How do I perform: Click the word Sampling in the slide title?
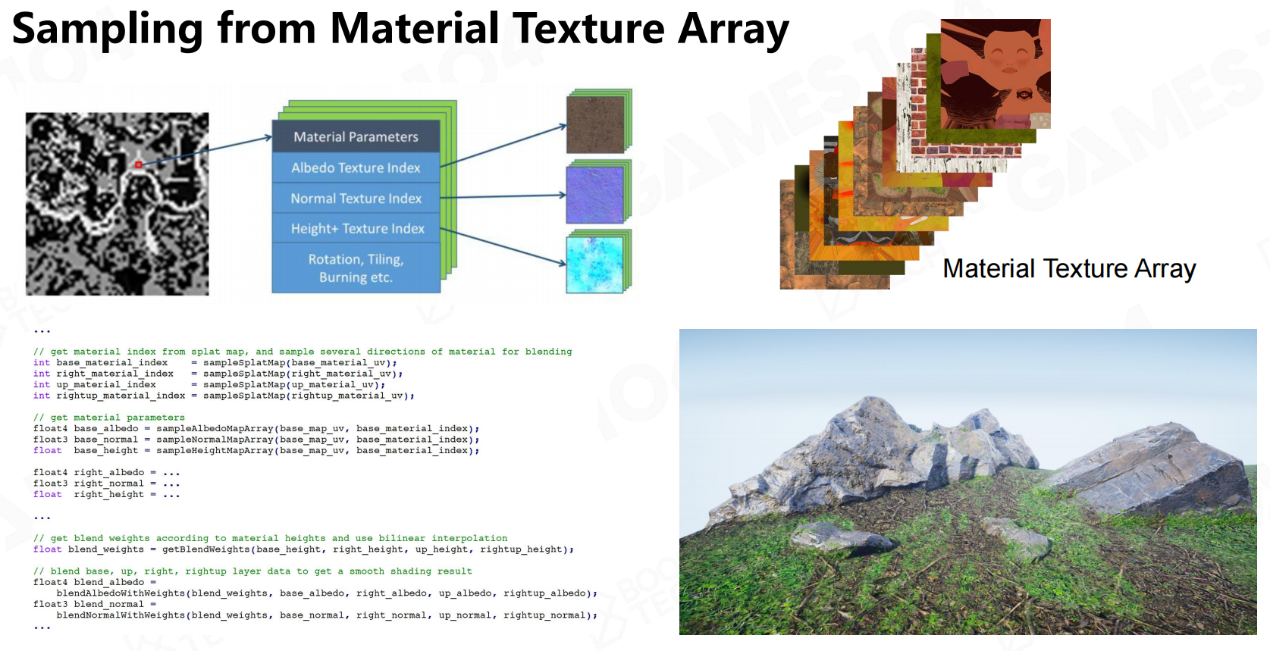tap(107, 29)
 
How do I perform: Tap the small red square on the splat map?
tap(138, 165)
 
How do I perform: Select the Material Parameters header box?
tap(356, 136)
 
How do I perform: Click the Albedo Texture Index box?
tap(356, 167)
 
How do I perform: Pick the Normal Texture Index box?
tap(356, 199)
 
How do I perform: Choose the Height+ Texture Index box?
tap(356, 228)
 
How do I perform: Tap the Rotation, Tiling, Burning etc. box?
tap(356, 268)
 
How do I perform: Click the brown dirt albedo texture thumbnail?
tap(595, 124)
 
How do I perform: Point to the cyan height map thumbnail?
tap(595, 264)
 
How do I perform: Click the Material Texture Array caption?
tap(1069, 268)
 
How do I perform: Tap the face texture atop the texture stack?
tap(996, 74)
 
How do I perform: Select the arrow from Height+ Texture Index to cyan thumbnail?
tap(503, 246)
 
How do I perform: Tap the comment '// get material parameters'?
tap(109, 418)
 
